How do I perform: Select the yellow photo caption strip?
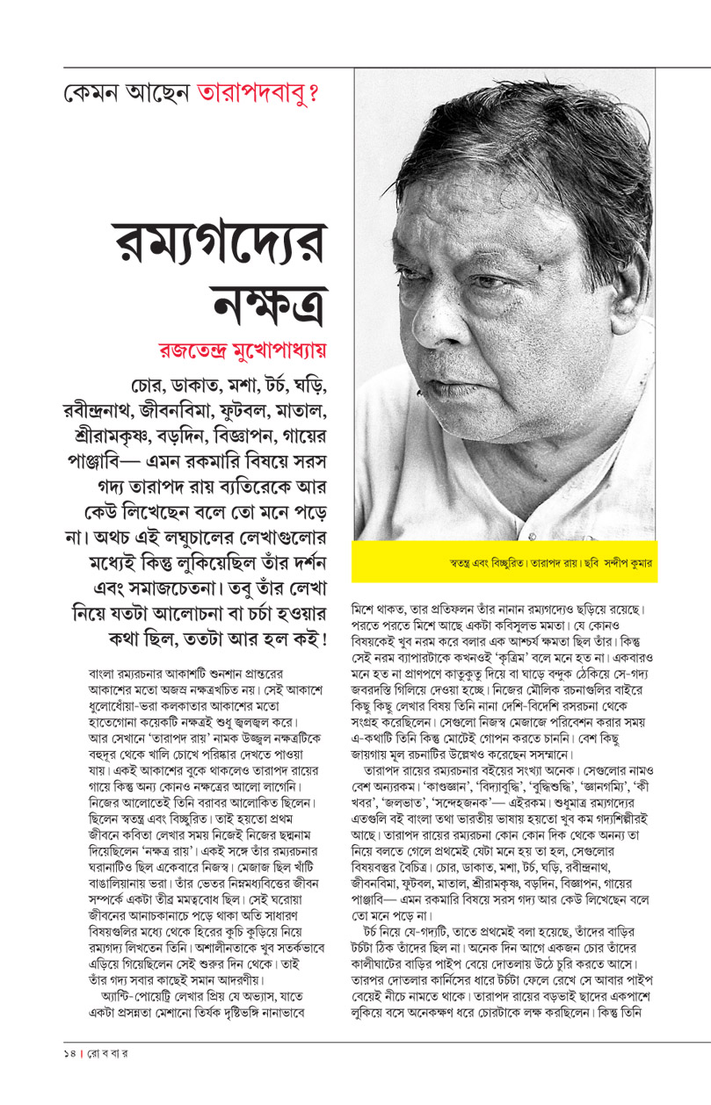[504, 560]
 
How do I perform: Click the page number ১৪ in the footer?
[58, 1072]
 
